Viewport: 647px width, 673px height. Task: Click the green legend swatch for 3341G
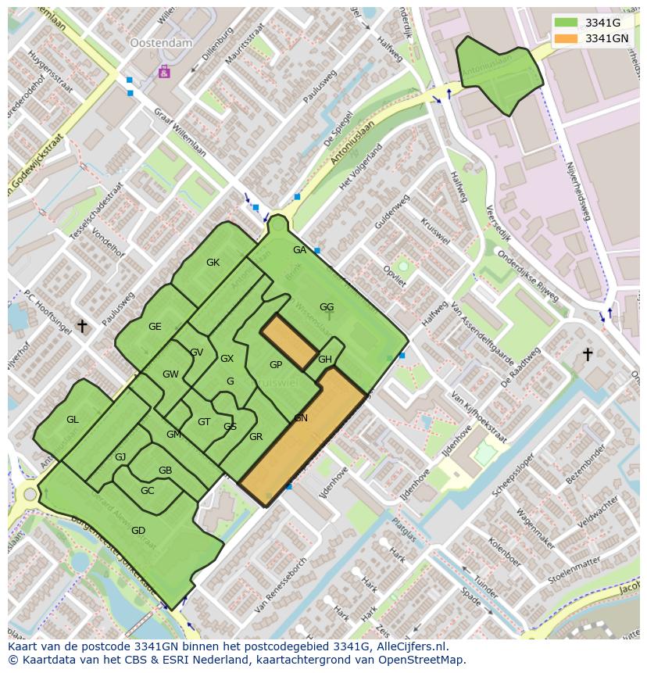[x=567, y=23]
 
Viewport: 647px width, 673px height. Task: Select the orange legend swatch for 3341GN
[x=567, y=38]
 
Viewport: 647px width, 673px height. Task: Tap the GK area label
[x=213, y=263]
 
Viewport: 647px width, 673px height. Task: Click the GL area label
[x=72, y=420]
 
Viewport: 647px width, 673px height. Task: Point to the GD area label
[x=138, y=531]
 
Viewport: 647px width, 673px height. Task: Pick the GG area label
[x=327, y=307]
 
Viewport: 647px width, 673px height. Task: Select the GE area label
[x=155, y=327]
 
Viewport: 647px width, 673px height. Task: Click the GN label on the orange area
[x=301, y=418]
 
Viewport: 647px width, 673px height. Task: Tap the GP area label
[x=276, y=365]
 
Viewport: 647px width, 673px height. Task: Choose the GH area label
[x=325, y=360]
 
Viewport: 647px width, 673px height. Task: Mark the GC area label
[x=147, y=491]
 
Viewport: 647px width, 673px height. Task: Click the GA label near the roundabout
[x=299, y=250]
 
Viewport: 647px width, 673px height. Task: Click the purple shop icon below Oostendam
[x=164, y=72]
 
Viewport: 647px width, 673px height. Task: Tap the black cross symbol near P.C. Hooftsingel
[x=81, y=325]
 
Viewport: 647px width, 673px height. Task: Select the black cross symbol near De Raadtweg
[x=588, y=355]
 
